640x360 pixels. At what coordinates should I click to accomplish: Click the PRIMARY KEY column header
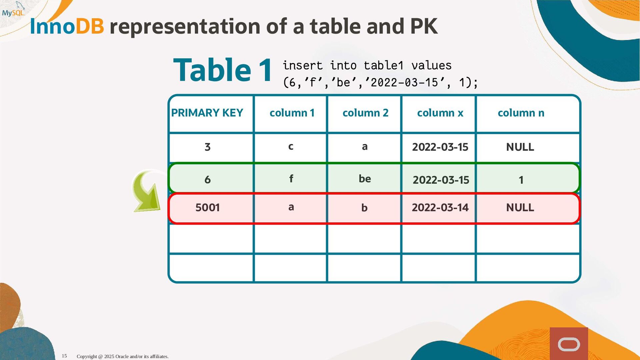207,113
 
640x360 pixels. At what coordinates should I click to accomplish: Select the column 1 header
292,113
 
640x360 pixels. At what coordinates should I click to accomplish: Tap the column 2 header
365,113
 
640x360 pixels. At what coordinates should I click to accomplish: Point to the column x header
440,113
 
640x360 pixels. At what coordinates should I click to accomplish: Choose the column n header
521,113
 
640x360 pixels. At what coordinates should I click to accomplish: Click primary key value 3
207,147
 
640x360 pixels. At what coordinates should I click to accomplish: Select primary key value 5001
207,207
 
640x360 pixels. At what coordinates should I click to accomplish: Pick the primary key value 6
207,180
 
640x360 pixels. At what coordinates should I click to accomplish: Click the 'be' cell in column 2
365,179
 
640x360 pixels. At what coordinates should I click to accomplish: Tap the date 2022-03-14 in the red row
440,207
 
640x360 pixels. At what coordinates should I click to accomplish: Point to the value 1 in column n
521,180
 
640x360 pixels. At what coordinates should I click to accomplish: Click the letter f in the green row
291,178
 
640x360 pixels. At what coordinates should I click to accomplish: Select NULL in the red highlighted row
520,207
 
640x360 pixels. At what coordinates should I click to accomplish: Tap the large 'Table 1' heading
223,70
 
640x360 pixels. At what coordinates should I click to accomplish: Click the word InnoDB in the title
67,26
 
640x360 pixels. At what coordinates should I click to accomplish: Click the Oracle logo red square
569,344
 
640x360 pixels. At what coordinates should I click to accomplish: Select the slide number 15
64,356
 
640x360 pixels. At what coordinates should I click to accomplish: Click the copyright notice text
123,356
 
